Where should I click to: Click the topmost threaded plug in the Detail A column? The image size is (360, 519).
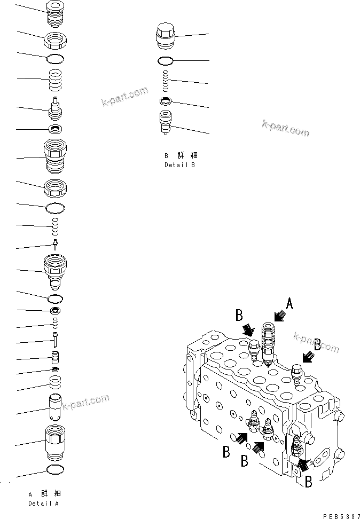[x=56, y=13]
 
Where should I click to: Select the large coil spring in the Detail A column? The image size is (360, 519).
[x=56, y=80]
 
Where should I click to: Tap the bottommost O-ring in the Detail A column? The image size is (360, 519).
[x=56, y=469]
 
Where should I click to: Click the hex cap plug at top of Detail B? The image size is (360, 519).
[x=166, y=35]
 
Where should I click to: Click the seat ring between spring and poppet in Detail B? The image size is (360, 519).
[x=166, y=101]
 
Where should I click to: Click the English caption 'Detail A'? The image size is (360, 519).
[x=44, y=504]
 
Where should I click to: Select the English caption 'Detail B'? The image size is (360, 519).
[x=179, y=166]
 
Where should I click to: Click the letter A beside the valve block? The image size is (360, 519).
[x=290, y=304]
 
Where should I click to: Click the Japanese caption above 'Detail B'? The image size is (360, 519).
[x=180, y=155]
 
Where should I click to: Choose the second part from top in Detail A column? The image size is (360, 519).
[x=56, y=40]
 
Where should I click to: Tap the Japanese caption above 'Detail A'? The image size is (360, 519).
[x=44, y=493]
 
